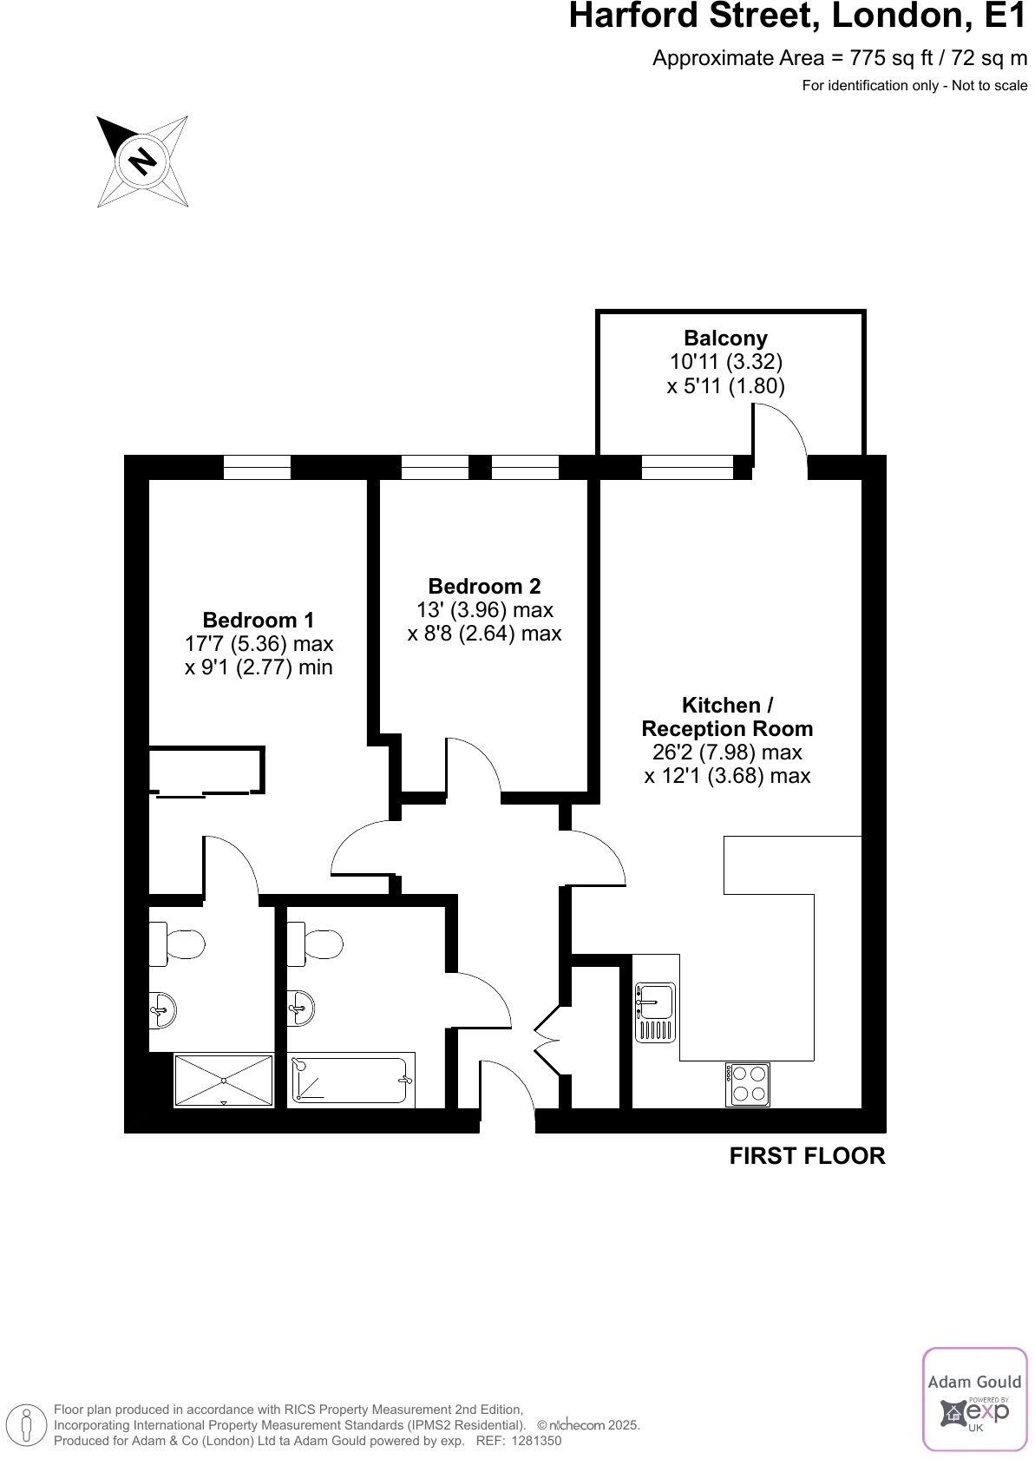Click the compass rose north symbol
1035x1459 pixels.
click(142, 161)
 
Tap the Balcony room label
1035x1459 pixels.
click(725, 338)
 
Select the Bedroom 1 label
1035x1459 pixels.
click(258, 620)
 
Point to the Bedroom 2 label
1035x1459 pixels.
click(484, 586)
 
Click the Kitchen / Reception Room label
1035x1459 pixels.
click(727, 716)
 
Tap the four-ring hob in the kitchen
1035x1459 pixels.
click(747, 1084)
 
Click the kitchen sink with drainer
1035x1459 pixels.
click(655, 1011)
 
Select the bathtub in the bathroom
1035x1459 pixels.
click(351, 1080)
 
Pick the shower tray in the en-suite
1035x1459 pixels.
click(224, 1080)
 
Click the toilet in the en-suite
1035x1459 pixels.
click(177, 943)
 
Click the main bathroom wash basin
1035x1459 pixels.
click(300, 1008)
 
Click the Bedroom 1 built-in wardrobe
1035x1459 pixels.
click(206, 770)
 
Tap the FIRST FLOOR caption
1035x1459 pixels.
click(807, 1156)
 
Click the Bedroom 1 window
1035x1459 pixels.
click(257, 468)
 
